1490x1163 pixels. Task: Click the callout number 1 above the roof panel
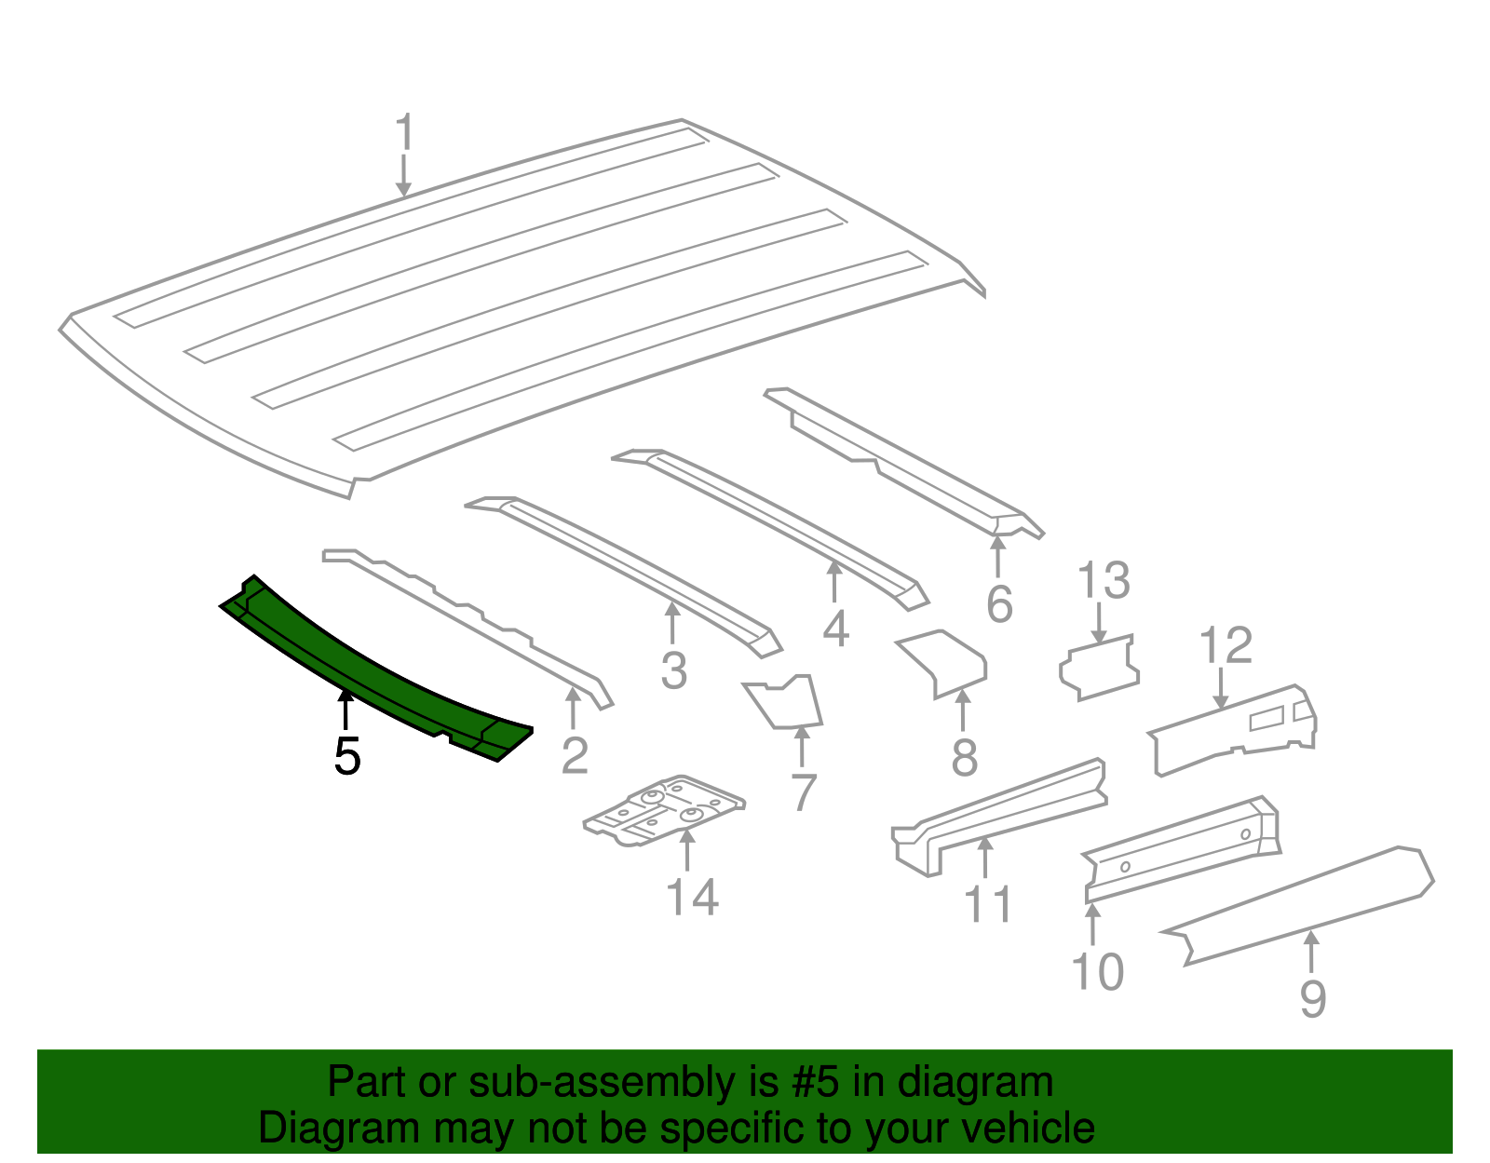click(x=405, y=131)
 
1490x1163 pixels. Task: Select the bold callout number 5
click(x=347, y=757)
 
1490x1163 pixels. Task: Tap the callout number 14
click(x=693, y=897)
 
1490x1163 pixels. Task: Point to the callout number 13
click(x=1104, y=580)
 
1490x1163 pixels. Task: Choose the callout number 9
click(x=1313, y=999)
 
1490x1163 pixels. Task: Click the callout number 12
click(x=1226, y=645)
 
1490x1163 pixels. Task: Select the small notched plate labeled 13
click(x=1099, y=667)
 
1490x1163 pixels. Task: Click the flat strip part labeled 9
click(x=1296, y=906)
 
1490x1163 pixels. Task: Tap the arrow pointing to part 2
click(x=573, y=708)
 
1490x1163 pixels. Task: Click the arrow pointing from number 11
click(x=984, y=858)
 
